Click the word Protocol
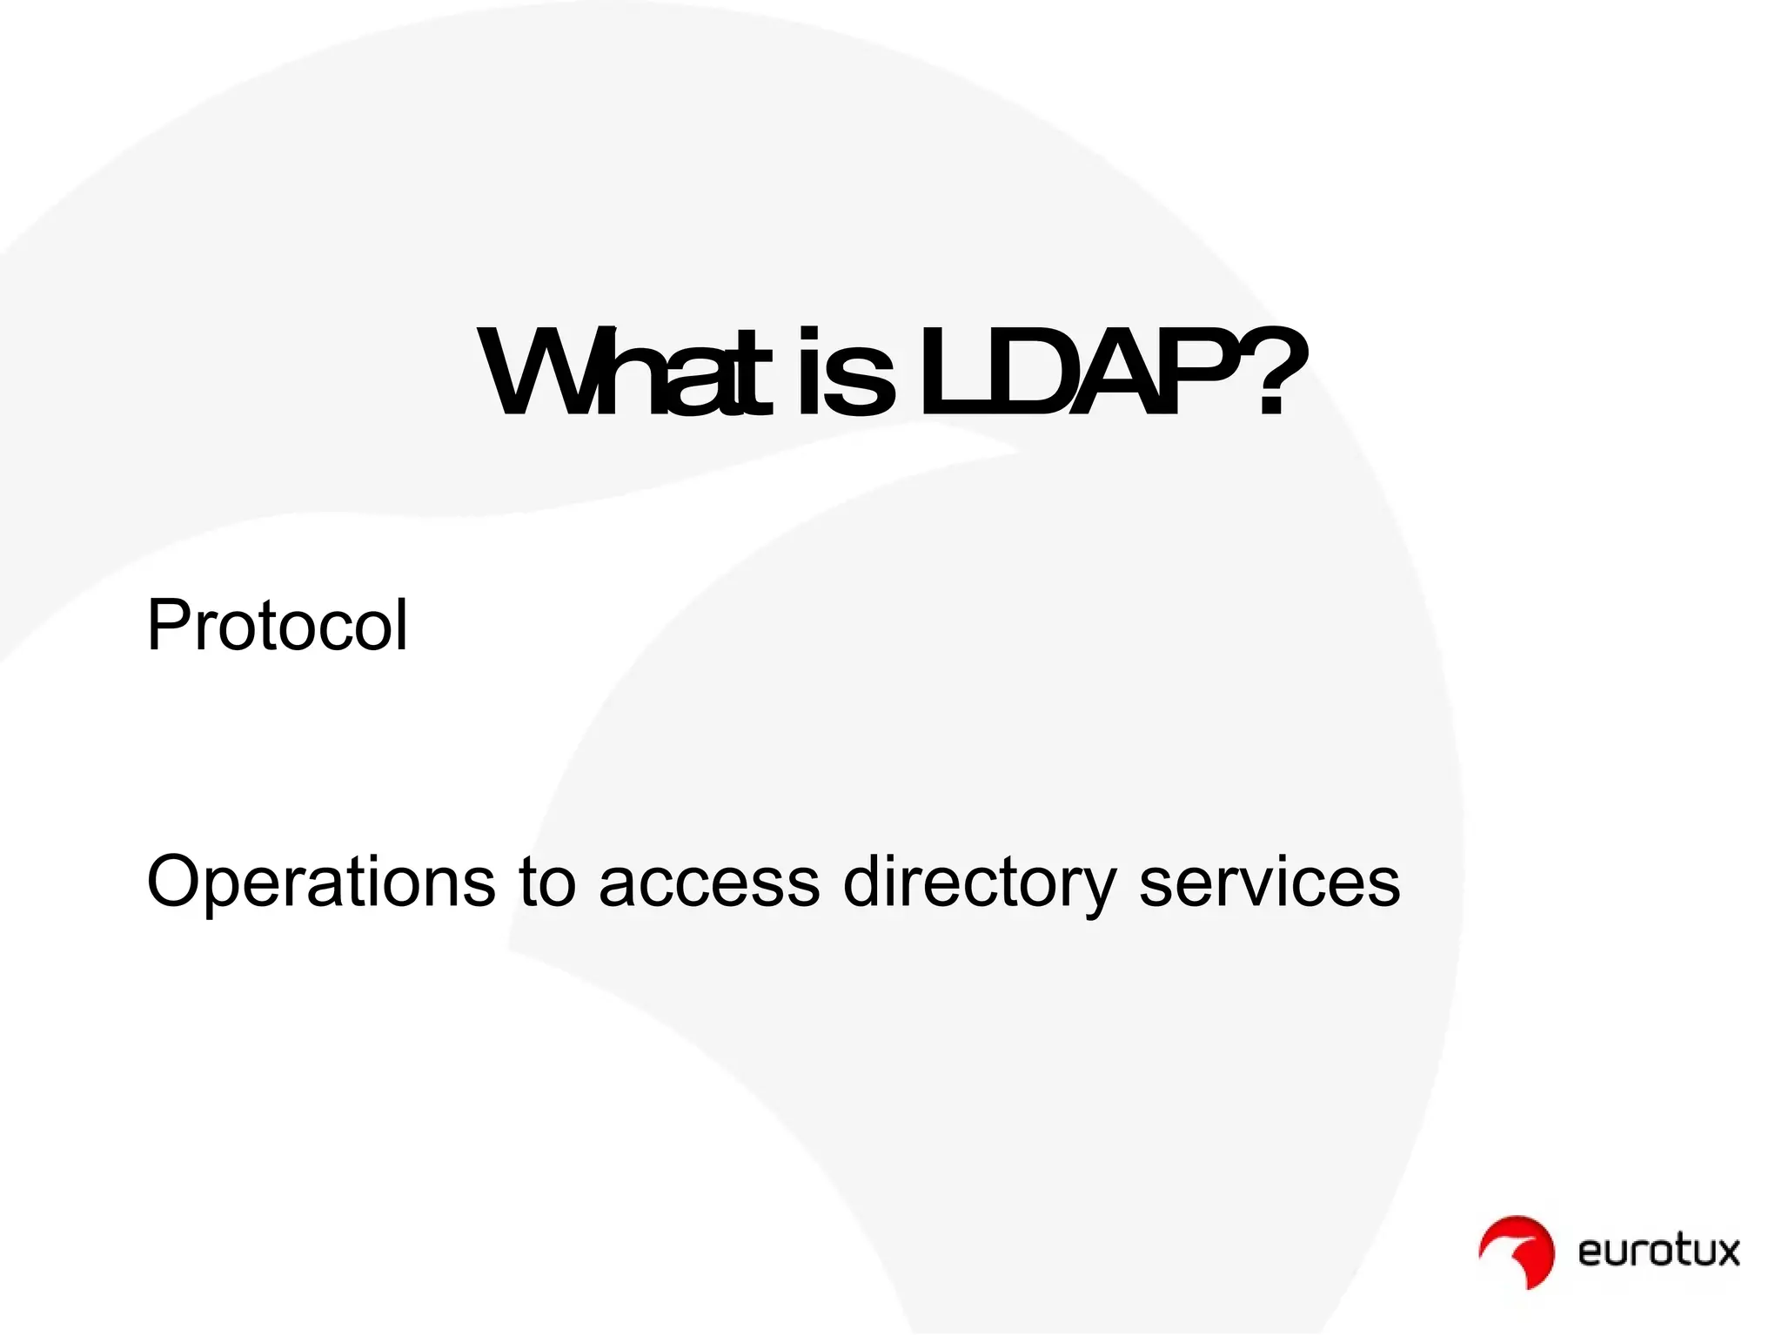pos(277,625)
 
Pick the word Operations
pos(320,882)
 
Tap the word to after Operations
pos(547,882)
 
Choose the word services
pos(1270,882)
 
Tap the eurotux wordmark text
pos(1658,1252)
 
